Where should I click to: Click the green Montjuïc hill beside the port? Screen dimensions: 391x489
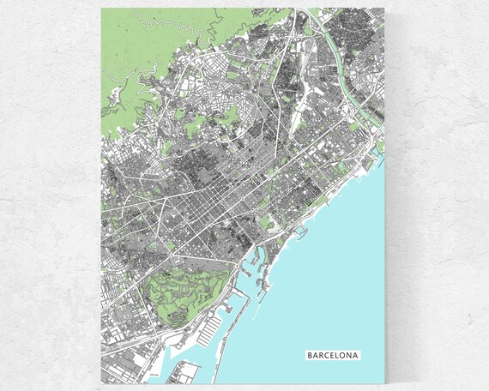184,287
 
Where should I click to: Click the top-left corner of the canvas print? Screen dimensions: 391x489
101,9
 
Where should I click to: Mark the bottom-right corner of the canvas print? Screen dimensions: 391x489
385,382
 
